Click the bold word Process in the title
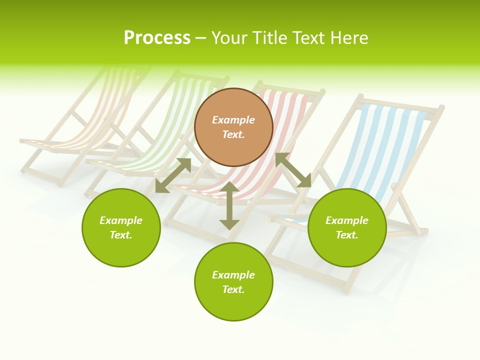(x=157, y=38)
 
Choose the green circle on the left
(x=121, y=245)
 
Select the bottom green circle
(x=233, y=305)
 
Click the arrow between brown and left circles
(x=173, y=175)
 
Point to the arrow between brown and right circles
(x=293, y=170)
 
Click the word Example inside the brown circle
(x=233, y=120)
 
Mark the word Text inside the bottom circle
(x=233, y=289)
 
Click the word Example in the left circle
(x=121, y=220)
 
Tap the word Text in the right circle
(x=347, y=235)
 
